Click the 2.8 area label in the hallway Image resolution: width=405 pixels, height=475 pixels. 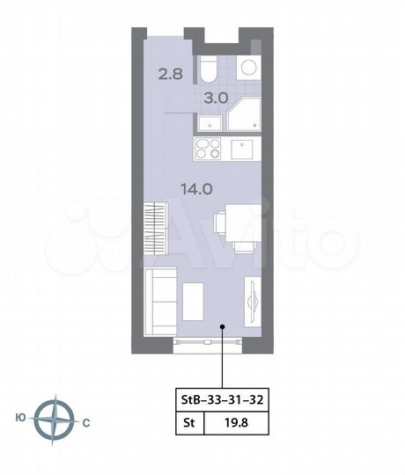pos(171,74)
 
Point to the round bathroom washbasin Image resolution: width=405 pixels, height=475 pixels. pos(247,69)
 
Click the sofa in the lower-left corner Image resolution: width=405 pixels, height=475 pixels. pos(160,301)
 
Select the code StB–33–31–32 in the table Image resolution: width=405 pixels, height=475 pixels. pos(221,398)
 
